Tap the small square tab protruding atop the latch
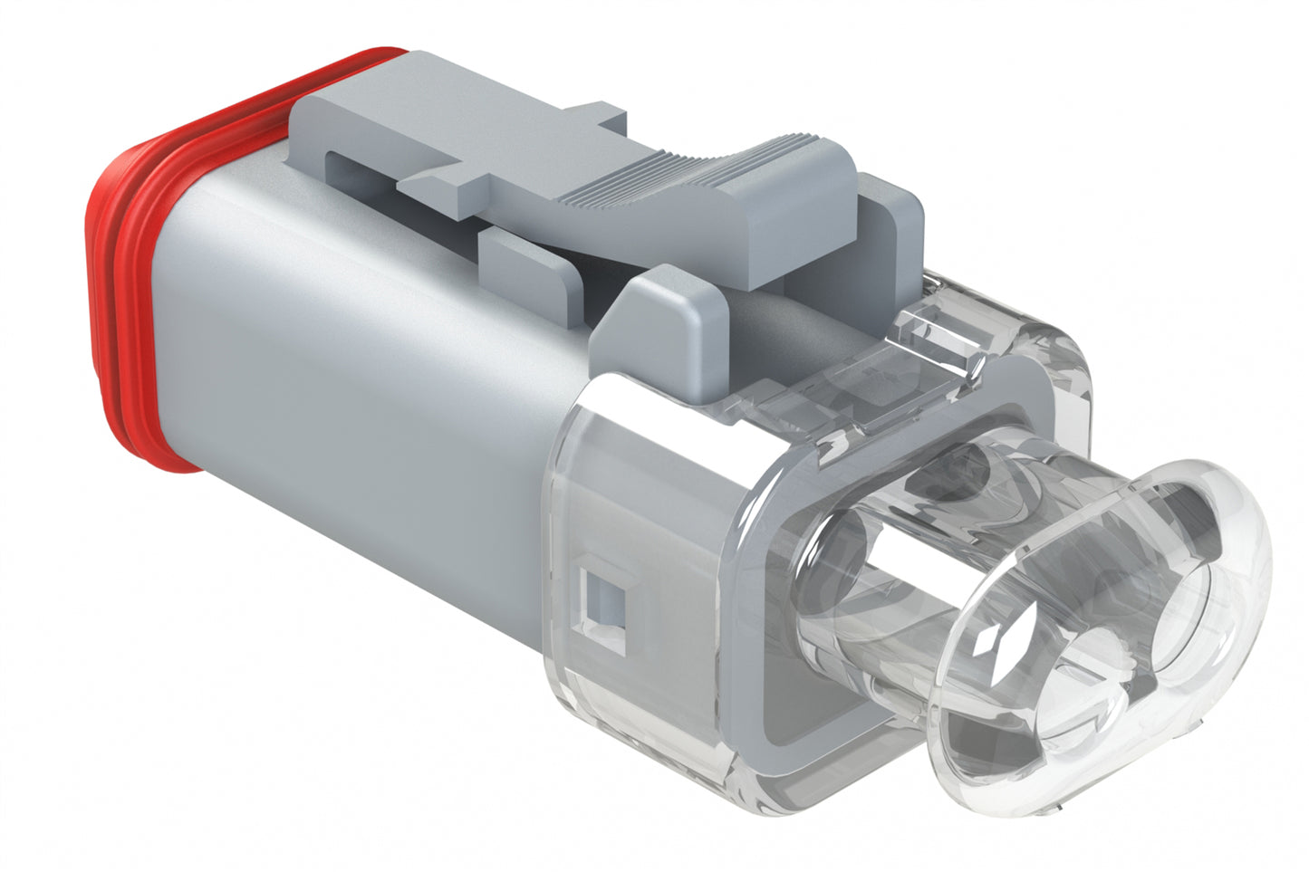pos(598,118)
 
